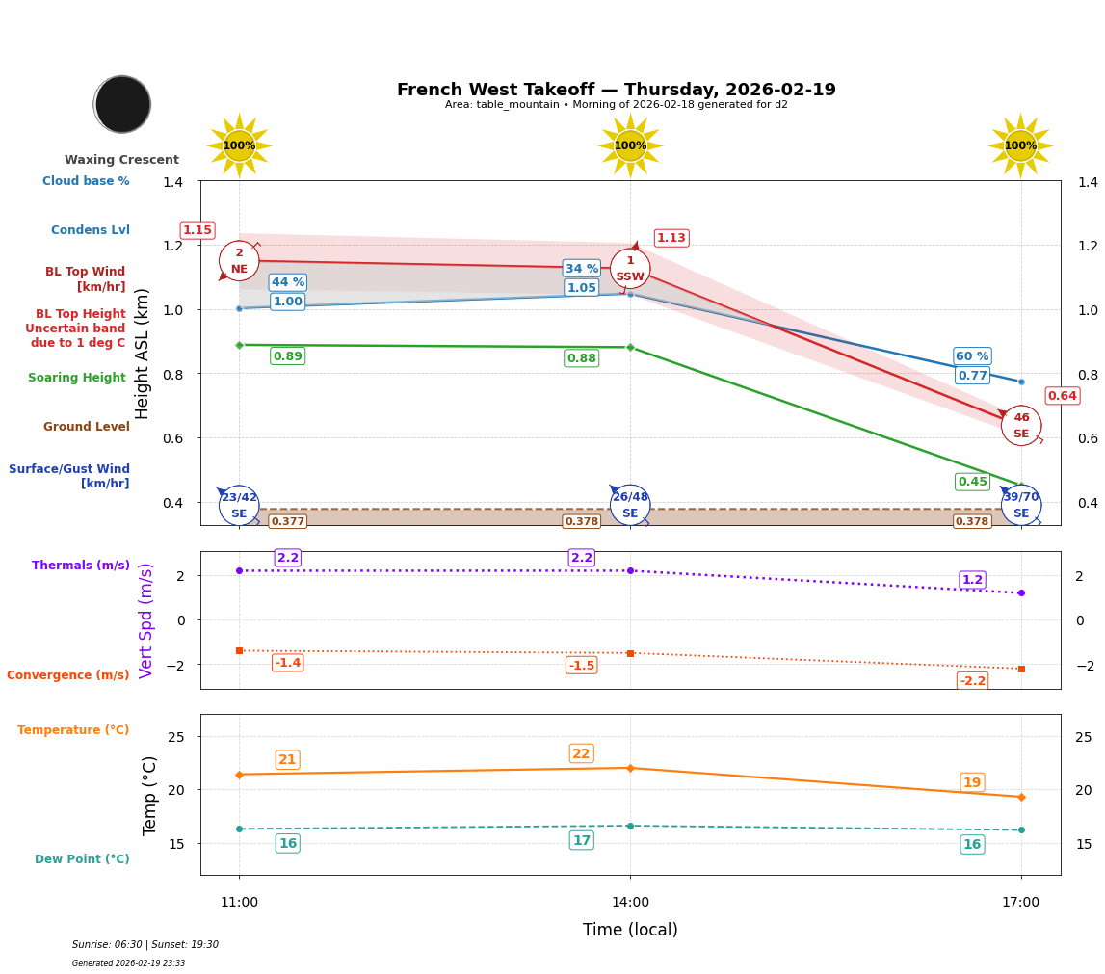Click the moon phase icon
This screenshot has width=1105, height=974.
click(122, 104)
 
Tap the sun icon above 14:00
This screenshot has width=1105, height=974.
click(630, 145)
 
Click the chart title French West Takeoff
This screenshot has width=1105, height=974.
click(617, 90)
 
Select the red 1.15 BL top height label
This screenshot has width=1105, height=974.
click(197, 230)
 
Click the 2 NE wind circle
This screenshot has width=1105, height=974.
click(239, 261)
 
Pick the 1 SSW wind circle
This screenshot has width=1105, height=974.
click(630, 269)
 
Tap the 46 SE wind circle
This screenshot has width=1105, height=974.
click(1021, 426)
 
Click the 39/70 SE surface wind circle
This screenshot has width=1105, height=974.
click(1021, 505)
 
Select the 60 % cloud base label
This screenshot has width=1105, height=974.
click(972, 356)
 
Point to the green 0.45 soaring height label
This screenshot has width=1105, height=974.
click(972, 482)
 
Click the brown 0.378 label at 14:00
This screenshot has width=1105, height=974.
click(581, 521)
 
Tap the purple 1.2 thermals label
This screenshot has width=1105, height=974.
click(972, 580)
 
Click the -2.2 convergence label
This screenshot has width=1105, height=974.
click(972, 681)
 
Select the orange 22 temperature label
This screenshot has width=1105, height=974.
click(581, 753)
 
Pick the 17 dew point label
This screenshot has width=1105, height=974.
click(581, 840)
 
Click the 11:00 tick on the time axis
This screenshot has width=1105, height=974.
click(239, 903)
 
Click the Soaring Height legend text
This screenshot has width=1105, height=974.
click(77, 378)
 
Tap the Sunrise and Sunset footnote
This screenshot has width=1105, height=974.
click(145, 945)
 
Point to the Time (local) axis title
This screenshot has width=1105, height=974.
click(630, 930)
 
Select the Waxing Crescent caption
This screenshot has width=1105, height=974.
click(121, 160)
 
